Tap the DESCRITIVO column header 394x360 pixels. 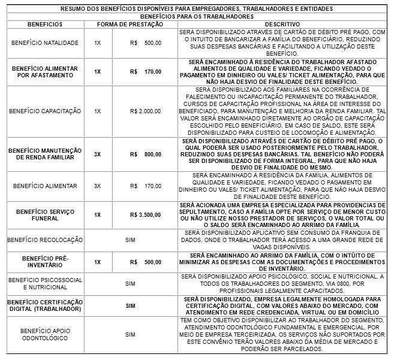(282, 23)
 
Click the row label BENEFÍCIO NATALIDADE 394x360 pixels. (41, 43)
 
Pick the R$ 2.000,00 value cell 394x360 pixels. (145, 111)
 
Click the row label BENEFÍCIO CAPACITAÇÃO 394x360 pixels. (41, 111)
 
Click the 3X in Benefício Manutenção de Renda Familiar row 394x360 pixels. (97, 155)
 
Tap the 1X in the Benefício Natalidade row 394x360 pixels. (97, 43)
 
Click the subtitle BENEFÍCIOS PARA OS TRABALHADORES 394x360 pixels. (196, 17)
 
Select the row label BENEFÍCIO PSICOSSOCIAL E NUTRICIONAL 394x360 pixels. (41, 283)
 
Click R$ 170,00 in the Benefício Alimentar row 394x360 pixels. (145, 186)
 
